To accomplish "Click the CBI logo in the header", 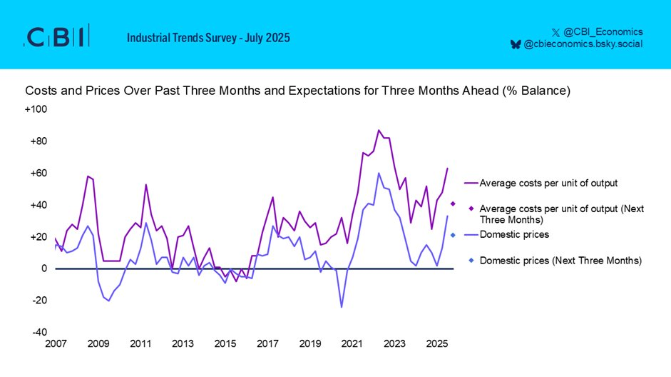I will pyautogui.click(x=57, y=36).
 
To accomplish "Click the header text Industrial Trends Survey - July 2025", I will pyautogui.click(x=208, y=37).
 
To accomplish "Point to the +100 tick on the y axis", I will pyautogui.click(x=36, y=109).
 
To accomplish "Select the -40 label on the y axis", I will pyautogui.click(x=39, y=333).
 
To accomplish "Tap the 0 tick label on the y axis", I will pyautogui.click(x=43, y=269).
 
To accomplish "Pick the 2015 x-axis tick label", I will pyautogui.click(x=225, y=344).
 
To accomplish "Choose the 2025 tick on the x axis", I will pyautogui.click(x=436, y=344).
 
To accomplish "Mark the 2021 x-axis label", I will pyautogui.click(x=352, y=344).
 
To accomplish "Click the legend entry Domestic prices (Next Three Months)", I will pyautogui.click(x=560, y=261).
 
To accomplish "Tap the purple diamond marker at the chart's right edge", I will pyautogui.click(x=453, y=204).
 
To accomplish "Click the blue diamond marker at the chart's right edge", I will pyautogui.click(x=453, y=235).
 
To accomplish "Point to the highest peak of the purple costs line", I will pyautogui.click(x=379, y=131).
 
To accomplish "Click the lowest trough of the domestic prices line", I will pyautogui.click(x=342, y=307).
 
